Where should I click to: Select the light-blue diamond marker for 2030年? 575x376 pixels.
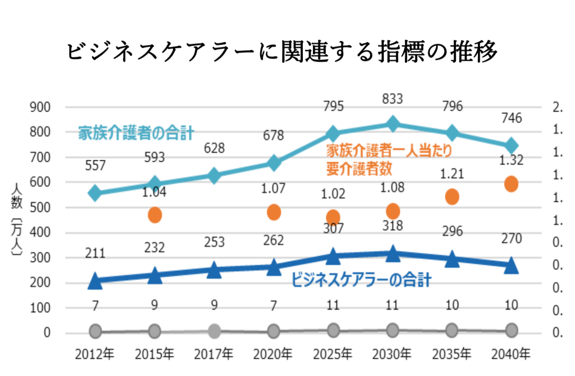[x=393, y=124]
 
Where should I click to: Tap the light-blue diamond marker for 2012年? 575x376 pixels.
[x=95, y=193]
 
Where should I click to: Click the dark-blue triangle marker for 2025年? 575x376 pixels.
[x=333, y=257]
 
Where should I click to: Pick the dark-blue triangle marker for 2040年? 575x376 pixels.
[x=511, y=266]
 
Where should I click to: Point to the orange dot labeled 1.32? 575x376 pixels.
[x=511, y=184]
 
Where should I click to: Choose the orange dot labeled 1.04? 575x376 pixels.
[x=155, y=214]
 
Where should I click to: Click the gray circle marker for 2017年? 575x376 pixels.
[x=214, y=330]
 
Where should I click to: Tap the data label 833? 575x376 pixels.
[x=393, y=98]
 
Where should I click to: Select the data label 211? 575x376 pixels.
[x=95, y=253]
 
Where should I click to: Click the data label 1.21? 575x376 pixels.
[x=452, y=174]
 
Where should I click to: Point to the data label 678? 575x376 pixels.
[x=274, y=136]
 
